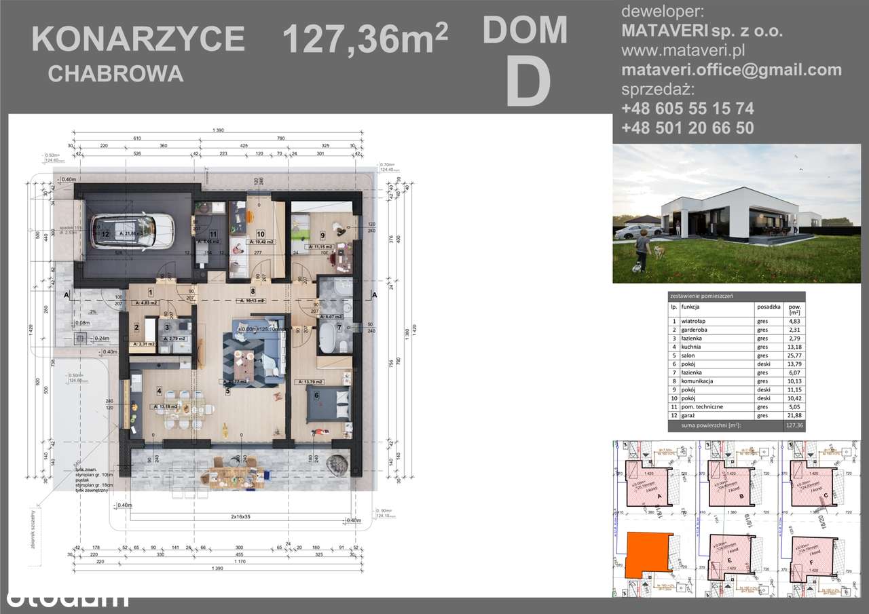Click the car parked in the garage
(x=132, y=230)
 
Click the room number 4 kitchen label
(x=160, y=391)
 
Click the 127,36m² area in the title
(x=365, y=39)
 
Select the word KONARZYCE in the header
(x=138, y=39)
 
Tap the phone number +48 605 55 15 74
(x=687, y=109)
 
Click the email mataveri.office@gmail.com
(x=731, y=69)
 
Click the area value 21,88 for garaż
(x=792, y=415)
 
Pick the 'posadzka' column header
(x=769, y=306)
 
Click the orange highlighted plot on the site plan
(x=649, y=554)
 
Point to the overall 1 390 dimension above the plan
(x=218, y=130)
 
